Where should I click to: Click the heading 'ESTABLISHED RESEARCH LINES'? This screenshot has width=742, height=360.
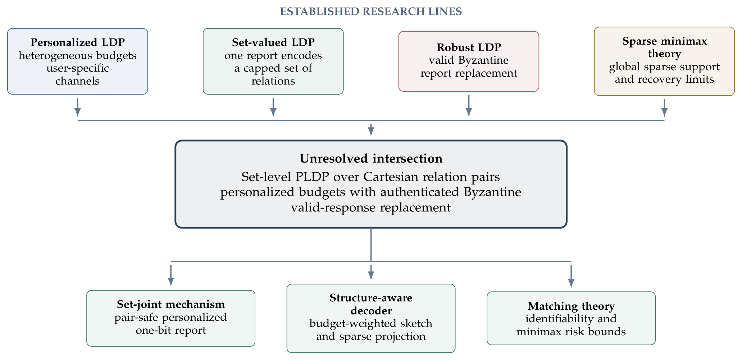click(371, 12)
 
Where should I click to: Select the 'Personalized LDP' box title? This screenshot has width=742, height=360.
click(78, 42)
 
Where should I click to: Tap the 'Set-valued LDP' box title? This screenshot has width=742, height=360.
click(273, 42)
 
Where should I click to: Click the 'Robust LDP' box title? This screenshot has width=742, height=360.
click(469, 47)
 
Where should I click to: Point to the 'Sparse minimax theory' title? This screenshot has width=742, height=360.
click(665, 47)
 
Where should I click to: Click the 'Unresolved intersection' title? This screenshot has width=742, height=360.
click(371, 158)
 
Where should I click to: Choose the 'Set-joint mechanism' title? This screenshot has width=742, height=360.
click(171, 304)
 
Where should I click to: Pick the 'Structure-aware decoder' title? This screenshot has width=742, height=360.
click(371, 304)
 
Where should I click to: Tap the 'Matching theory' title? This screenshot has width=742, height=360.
click(571, 306)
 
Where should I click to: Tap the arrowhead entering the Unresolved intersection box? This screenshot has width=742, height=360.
click(371, 132)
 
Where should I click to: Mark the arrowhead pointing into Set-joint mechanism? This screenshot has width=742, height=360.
click(171, 282)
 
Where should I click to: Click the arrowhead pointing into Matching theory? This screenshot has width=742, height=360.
click(571, 283)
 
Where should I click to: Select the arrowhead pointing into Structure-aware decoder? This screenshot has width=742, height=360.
click(371, 275)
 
